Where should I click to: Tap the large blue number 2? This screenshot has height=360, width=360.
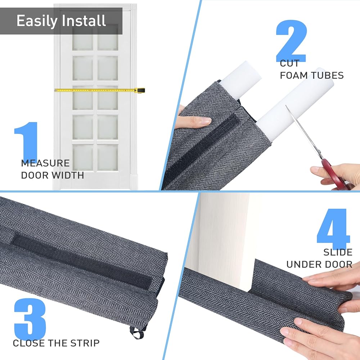tap(292, 41)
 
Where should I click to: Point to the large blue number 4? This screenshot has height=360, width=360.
tap(333, 226)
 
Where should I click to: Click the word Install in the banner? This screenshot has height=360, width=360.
tap(84, 21)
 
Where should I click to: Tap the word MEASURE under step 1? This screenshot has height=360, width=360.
tap(45, 163)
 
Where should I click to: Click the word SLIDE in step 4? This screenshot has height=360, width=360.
tap(338, 252)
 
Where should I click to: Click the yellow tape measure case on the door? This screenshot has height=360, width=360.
tap(139, 90)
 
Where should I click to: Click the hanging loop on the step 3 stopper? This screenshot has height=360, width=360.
tap(137, 333)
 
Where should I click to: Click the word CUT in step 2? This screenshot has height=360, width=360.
tap(289, 63)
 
